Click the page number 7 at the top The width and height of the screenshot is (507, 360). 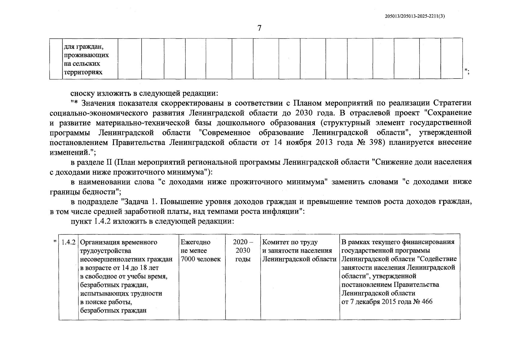259,28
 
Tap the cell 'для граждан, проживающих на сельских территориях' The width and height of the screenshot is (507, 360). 86,59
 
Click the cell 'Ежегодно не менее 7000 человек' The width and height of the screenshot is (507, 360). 200,250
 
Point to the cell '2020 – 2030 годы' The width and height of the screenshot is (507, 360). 243,250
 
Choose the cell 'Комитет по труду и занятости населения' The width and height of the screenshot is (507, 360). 299,250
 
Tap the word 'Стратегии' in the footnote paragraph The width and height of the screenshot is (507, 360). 452,103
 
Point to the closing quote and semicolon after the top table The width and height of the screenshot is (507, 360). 467,71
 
